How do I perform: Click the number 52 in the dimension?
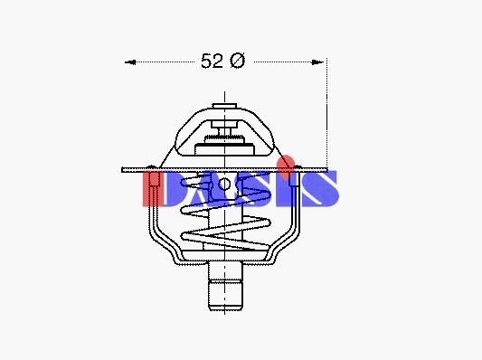coord(212,61)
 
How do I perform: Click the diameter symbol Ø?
coord(238,61)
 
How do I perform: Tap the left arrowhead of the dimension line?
coord(130,62)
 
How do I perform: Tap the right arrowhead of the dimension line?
coord(317,62)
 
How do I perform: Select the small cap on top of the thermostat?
coord(224,106)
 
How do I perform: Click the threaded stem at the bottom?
coord(226,286)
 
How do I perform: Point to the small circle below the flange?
coord(224,185)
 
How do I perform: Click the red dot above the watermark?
coord(286,164)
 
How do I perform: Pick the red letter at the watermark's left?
coord(153,188)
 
